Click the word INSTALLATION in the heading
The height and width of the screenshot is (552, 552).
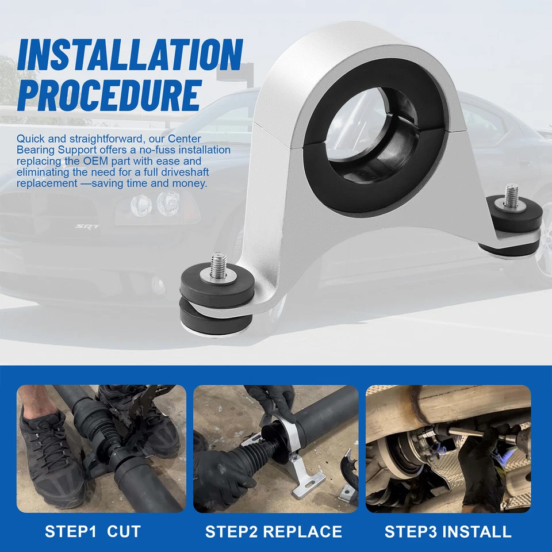pyautogui.click(x=129, y=56)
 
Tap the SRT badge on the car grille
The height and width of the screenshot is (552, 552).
pyautogui.click(x=87, y=227)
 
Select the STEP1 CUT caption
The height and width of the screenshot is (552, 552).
pyautogui.click(x=93, y=532)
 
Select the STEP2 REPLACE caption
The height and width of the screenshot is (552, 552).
pyautogui.click(x=274, y=532)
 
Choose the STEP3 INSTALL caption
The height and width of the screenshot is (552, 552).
pyautogui.click(x=448, y=532)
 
